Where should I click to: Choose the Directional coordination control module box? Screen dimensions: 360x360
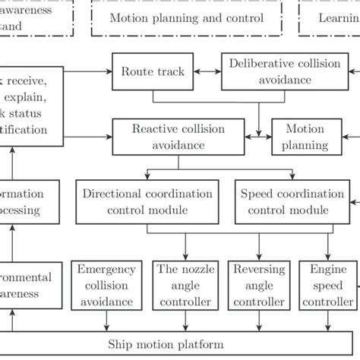pyautogui.click(x=144, y=202)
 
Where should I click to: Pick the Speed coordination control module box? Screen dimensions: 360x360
pyautogui.click(x=279, y=202)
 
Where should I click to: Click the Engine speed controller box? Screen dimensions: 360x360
pyautogui.click(x=324, y=286)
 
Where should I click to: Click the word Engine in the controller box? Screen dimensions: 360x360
pyautogui.click(x=324, y=269)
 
